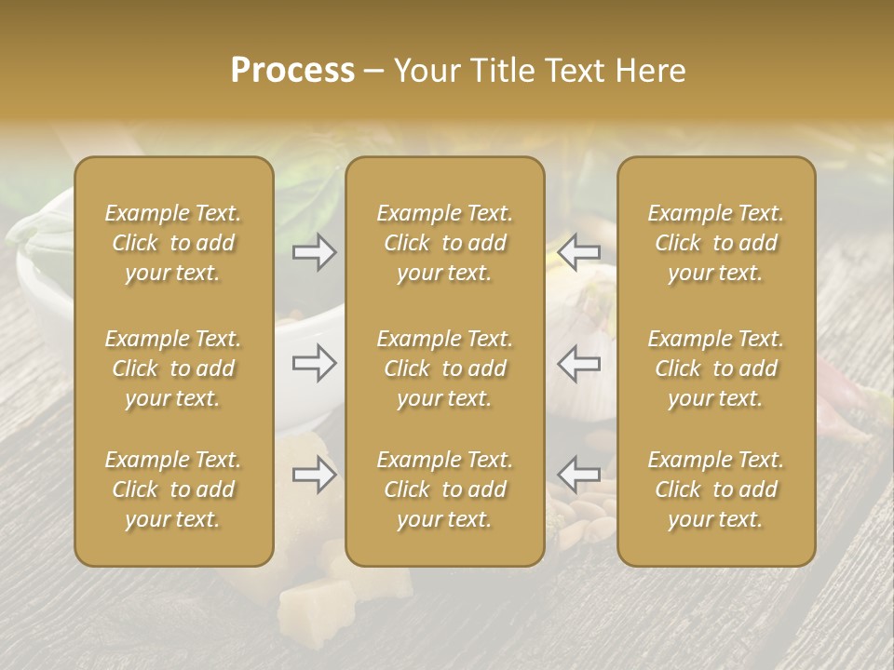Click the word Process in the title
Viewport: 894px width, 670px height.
point(292,71)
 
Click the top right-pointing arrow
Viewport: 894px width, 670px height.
point(315,252)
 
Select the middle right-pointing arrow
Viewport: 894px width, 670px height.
point(315,363)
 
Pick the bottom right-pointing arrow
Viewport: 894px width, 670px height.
point(315,476)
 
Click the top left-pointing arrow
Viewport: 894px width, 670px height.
point(579,252)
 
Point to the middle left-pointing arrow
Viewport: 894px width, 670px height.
point(579,363)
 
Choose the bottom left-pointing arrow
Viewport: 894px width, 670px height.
point(579,474)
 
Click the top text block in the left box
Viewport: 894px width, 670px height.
point(173,243)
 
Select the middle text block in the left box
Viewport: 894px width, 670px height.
point(173,368)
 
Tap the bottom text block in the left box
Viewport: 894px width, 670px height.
point(173,489)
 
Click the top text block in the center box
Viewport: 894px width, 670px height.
point(445,243)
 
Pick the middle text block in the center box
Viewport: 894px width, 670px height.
point(445,368)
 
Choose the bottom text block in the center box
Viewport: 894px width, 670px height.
point(445,489)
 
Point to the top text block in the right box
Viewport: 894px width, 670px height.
point(716,243)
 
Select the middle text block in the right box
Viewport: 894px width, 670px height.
point(716,368)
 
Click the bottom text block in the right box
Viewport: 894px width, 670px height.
point(716,489)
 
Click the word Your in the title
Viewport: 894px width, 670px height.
point(425,71)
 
